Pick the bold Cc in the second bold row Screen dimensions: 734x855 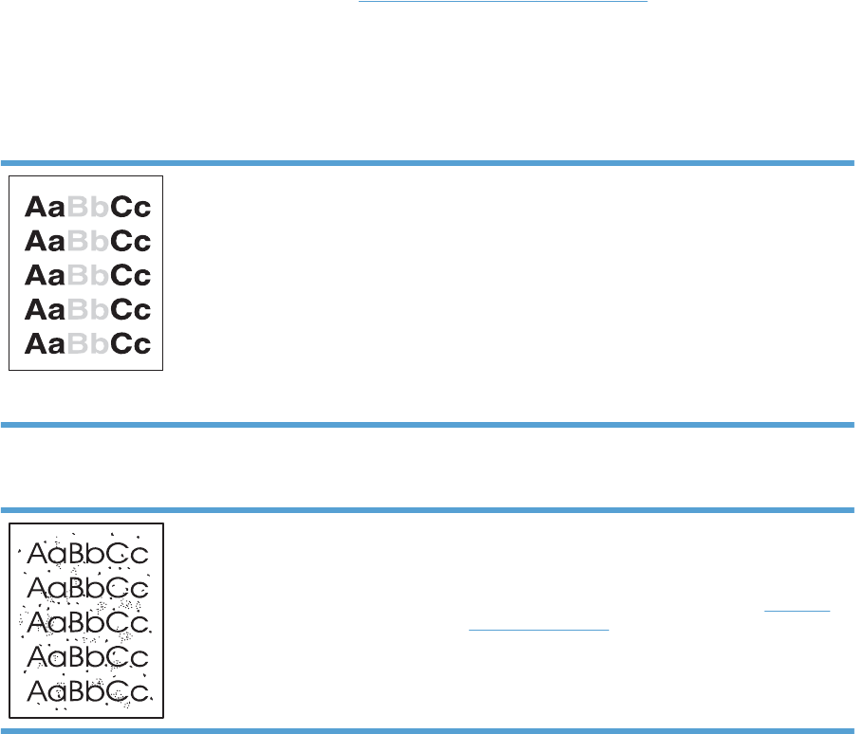pyautogui.click(x=131, y=242)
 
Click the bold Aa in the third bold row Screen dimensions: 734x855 pyautogui.click(x=45, y=276)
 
